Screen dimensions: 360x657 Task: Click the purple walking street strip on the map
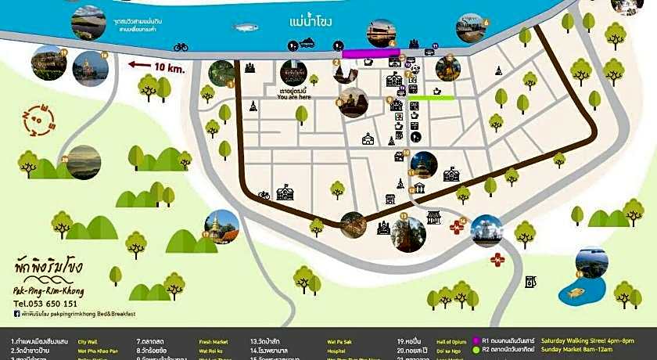point(371,54)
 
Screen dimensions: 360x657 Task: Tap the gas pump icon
point(530,282)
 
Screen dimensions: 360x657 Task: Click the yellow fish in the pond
point(576,293)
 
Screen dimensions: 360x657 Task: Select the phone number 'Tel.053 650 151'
point(47,304)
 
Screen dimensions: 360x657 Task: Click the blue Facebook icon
point(17,314)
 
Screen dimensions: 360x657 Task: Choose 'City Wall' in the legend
point(87,342)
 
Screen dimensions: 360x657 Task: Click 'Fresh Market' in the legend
point(214,342)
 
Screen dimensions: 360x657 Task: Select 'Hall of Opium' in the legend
point(451,342)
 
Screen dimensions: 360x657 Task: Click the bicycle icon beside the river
point(181,47)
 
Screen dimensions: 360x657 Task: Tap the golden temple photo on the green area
point(221,225)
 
